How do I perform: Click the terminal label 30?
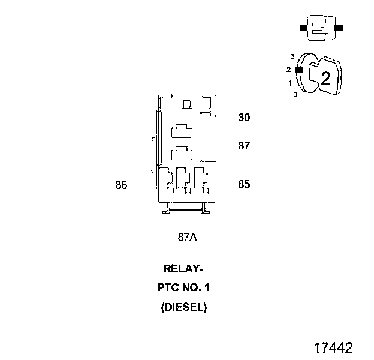pyautogui.click(x=244, y=118)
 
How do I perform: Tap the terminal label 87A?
pyautogui.click(x=188, y=237)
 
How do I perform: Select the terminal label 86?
pyautogui.click(x=122, y=185)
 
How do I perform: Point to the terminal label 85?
pyautogui.click(x=244, y=184)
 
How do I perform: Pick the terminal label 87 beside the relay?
pyautogui.click(x=244, y=146)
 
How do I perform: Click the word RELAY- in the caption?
pyautogui.click(x=183, y=269)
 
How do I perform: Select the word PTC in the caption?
pyautogui.click(x=168, y=287)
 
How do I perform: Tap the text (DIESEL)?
pyautogui.click(x=184, y=307)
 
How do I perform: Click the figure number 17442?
pyautogui.click(x=333, y=348)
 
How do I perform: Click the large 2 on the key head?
pyautogui.click(x=326, y=79)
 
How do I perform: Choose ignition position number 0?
pyautogui.click(x=294, y=95)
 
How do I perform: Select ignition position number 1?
pyautogui.click(x=290, y=83)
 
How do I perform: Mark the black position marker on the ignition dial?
pyautogui.click(x=299, y=70)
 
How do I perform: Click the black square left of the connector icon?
pyautogui.click(x=303, y=28)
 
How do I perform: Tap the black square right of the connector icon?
pyautogui.click(x=339, y=28)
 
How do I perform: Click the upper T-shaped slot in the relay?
pyautogui.click(x=182, y=131)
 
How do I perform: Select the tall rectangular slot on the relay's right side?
pyautogui.click(x=209, y=138)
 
